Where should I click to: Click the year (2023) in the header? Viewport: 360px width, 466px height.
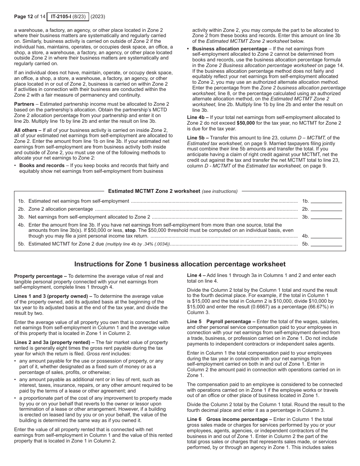[98, 17]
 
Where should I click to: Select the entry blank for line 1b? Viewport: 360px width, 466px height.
[326, 201]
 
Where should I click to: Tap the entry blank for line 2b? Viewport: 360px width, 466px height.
[326, 209]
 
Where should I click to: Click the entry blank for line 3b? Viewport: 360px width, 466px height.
[326, 217]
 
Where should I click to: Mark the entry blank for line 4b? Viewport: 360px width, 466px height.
[326, 236]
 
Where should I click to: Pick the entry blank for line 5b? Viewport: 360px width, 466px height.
[326, 244]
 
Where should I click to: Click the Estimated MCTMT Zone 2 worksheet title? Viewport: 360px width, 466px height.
[154, 191]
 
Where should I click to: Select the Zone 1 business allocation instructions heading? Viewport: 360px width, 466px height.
[180, 264]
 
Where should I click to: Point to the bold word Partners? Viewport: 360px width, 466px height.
[24, 104]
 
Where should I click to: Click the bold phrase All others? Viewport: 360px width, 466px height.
[25, 130]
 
